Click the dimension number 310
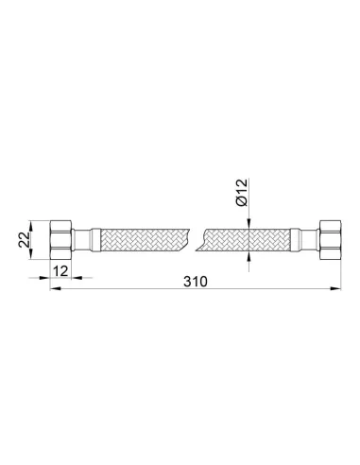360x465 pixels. [x=196, y=282]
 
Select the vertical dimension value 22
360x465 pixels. [x=24, y=240]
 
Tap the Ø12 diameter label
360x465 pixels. [x=242, y=193]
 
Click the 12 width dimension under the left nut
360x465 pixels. [x=60, y=271]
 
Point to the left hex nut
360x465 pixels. [x=61, y=240]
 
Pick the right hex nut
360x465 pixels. [x=330, y=240]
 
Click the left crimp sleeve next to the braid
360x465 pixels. [x=95, y=240]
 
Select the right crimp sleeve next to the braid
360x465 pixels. [x=295, y=240]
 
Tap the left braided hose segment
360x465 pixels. [x=145, y=240]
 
